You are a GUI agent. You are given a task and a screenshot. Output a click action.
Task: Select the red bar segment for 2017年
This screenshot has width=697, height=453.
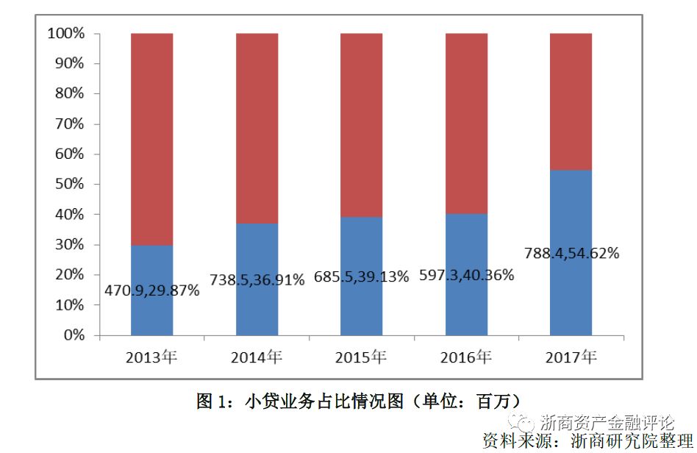[571, 101]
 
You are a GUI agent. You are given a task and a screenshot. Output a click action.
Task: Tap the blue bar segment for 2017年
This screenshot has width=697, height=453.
[571, 302]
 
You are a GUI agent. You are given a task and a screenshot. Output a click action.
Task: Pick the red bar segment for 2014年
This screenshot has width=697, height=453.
[257, 129]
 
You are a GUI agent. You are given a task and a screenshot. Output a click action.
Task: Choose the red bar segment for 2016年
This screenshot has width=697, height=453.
[466, 124]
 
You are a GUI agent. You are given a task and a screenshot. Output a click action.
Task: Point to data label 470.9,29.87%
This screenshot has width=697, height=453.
[152, 290]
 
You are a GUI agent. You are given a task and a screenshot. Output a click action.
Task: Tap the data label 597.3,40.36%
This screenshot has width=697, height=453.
[466, 275]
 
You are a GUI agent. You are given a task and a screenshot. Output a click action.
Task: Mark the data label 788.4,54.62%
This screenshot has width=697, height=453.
[571, 254]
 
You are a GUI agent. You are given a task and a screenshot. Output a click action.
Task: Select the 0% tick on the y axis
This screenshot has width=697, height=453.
[74, 335]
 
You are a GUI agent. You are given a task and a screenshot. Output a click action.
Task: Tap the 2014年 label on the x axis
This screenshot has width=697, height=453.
[256, 358]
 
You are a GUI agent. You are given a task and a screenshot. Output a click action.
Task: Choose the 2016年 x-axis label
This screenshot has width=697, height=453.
[466, 358]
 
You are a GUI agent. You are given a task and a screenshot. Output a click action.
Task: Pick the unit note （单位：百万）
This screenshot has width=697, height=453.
[466, 402]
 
